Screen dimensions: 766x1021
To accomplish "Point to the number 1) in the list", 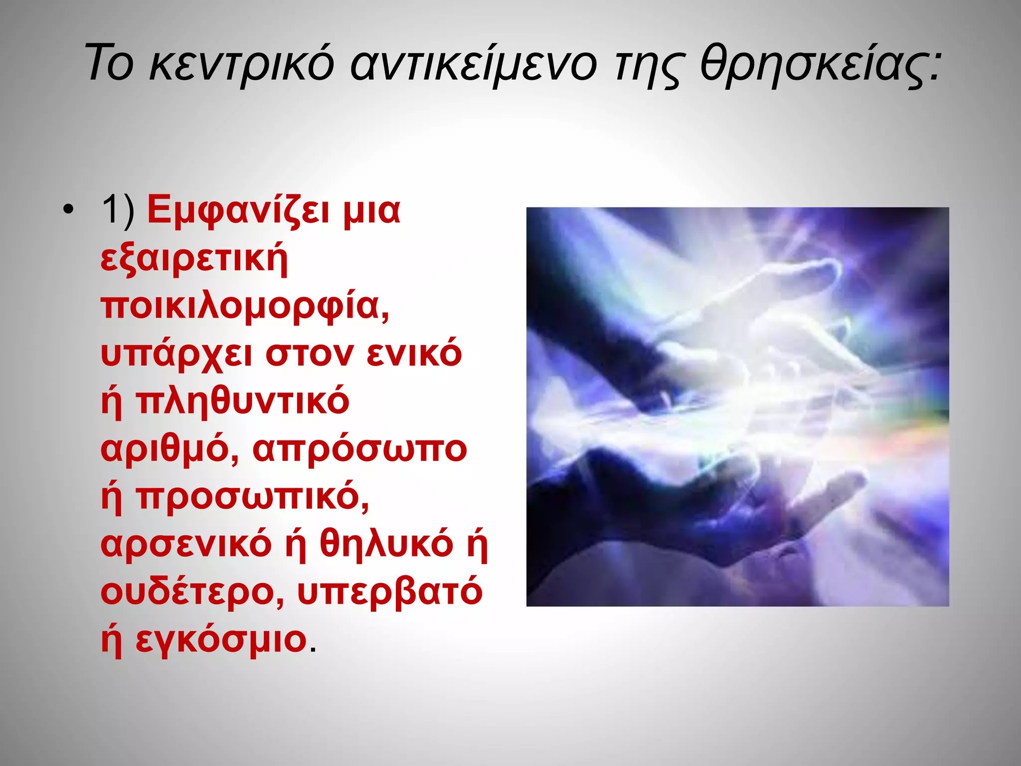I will pyautogui.click(x=118, y=210).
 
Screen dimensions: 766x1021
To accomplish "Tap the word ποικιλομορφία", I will pyautogui.click(x=244, y=306).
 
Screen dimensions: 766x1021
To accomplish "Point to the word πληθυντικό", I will pyautogui.click(x=242, y=401).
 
